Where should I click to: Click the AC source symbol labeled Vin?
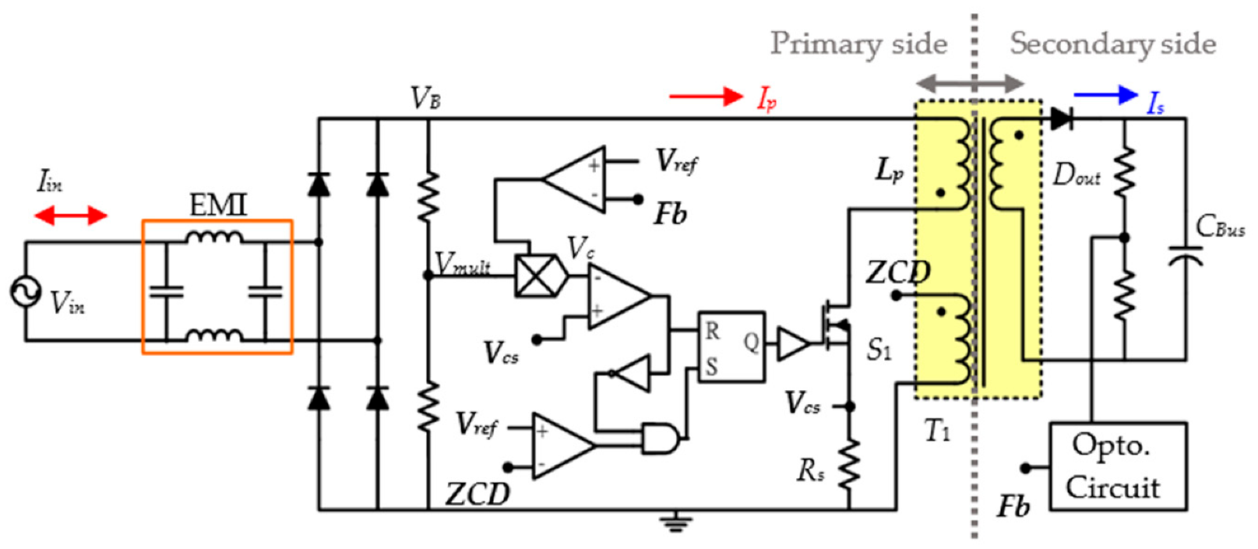[25, 292]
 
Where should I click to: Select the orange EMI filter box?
[217, 287]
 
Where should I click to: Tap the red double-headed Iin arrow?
[70, 216]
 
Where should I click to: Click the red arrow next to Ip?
[706, 97]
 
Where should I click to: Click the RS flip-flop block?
[731, 347]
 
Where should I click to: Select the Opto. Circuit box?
[1117, 466]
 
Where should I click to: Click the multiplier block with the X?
[538, 276]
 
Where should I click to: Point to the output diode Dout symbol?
[1062, 119]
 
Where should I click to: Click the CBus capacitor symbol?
[1186, 255]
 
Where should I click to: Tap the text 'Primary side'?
[858, 44]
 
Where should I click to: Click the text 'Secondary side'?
[1112, 44]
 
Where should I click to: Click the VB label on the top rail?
[425, 98]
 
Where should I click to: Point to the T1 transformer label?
[937, 430]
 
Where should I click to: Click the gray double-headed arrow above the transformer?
[970, 83]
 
